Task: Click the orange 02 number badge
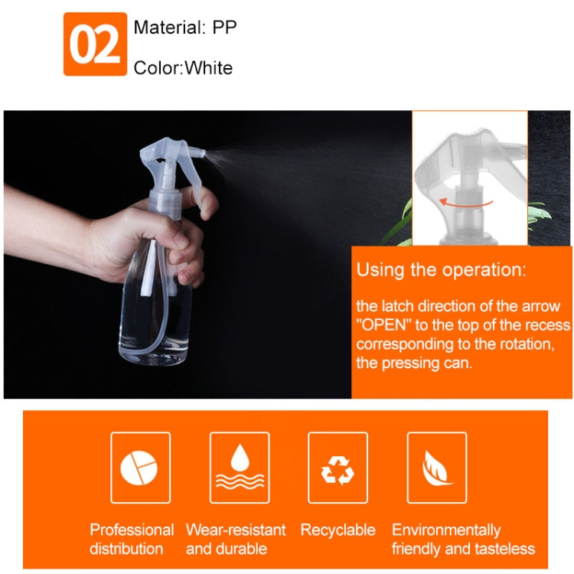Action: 95,44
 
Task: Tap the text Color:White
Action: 183,68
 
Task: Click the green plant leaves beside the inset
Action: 406,218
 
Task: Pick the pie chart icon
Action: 140,468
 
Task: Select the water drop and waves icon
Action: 240,468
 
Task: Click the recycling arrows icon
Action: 338,468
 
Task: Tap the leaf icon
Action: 436,468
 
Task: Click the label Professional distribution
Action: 132,539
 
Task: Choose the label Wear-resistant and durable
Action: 236,539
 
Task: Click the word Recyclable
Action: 338,530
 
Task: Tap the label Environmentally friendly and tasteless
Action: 462,539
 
